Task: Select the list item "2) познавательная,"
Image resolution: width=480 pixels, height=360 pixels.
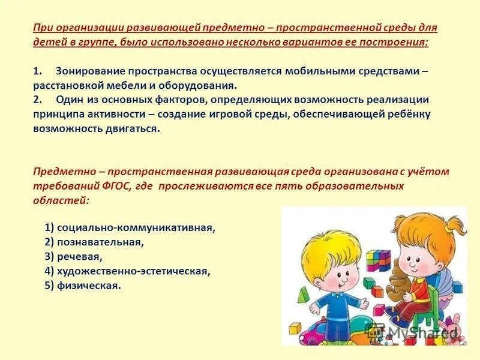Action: [x=94, y=242]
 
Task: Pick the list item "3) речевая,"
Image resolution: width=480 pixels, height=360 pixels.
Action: [x=73, y=256]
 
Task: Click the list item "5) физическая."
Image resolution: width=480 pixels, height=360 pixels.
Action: [x=83, y=286]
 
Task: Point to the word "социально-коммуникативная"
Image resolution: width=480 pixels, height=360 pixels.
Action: [x=136, y=227]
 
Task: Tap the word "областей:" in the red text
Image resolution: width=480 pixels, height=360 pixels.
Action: [x=61, y=201]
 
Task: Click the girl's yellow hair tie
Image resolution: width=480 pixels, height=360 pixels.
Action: [x=445, y=223]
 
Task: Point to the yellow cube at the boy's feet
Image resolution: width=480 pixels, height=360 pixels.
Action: [x=295, y=329]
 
